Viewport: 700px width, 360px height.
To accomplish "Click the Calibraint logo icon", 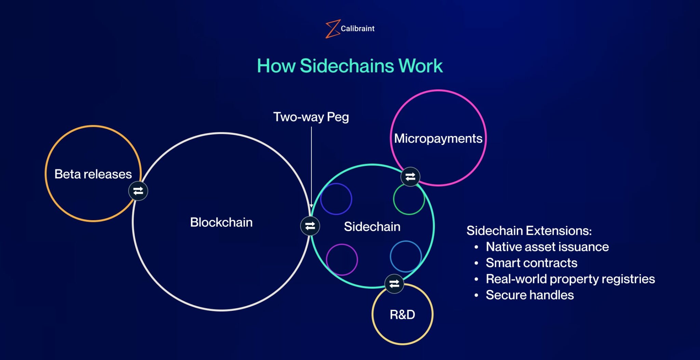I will click(332, 29).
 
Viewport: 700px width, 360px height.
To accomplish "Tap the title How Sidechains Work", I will click(350, 66).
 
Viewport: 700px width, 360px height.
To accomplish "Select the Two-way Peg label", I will click(311, 117).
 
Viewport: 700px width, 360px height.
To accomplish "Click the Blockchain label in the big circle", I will click(221, 222).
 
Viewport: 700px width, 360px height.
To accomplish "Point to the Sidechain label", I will click(372, 227).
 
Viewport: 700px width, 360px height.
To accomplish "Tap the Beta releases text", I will click(93, 174).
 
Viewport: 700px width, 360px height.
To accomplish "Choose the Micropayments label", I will click(438, 138).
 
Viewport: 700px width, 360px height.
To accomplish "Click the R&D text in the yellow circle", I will click(402, 315).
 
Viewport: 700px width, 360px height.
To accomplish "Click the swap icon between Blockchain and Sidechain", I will click(310, 226).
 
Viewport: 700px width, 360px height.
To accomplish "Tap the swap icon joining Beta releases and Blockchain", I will click(138, 191).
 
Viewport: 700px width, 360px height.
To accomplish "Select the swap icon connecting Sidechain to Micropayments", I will click(410, 177).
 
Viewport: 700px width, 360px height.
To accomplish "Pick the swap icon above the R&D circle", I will click(394, 284).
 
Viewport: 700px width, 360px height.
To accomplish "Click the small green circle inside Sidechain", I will click(409, 199).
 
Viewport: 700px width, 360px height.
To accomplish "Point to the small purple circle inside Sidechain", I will click(342, 259).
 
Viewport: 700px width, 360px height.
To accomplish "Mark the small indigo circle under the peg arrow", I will click(336, 199).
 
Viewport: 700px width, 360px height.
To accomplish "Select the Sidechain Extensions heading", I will click(529, 231).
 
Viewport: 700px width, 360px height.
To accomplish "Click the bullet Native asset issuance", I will click(547, 247).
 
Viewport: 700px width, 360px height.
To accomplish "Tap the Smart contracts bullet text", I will click(531, 263).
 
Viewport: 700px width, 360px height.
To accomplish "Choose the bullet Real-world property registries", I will click(570, 279).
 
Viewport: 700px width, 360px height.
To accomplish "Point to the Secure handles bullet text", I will click(529, 295).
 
